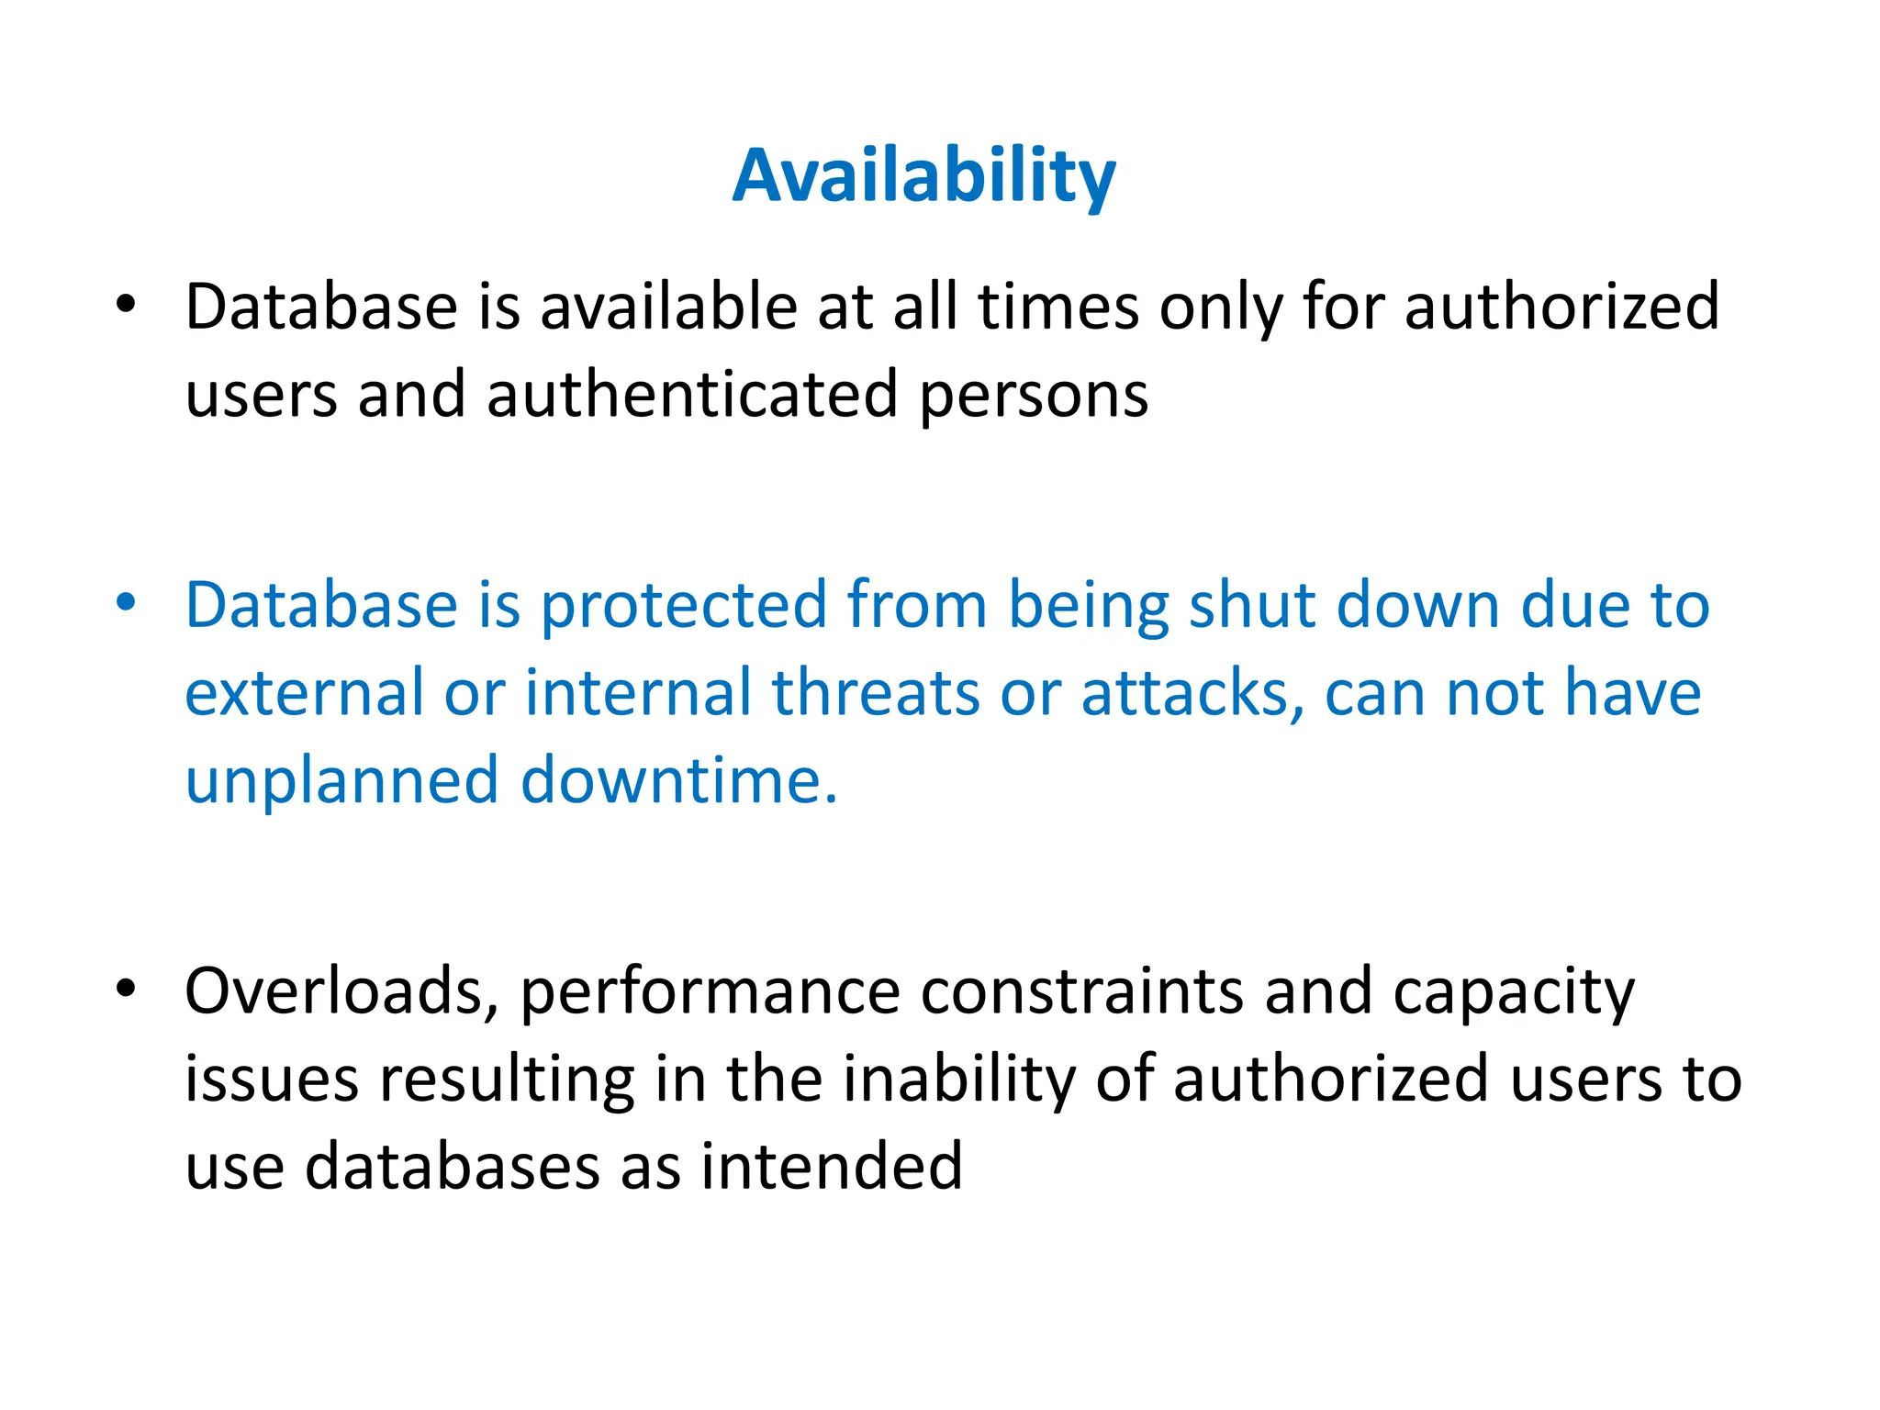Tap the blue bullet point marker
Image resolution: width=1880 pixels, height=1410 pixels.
click(126, 602)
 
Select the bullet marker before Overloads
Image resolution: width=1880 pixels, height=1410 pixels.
click(126, 988)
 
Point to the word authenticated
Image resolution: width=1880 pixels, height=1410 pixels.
click(691, 395)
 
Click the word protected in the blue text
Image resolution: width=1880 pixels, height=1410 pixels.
click(683, 606)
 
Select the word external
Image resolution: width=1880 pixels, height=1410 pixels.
click(304, 692)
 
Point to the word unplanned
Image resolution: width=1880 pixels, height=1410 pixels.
click(341, 781)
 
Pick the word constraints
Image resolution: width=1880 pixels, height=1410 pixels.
click(1080, 992)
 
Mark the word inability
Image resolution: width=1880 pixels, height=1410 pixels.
click(958, 1080)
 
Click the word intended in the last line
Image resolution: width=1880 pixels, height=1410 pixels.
click(832, 1167)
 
